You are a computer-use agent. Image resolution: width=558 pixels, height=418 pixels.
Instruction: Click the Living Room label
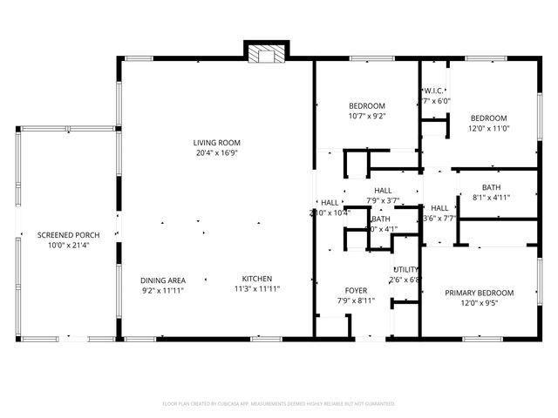click(x=216, y=143)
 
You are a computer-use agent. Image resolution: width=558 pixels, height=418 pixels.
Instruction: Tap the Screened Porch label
click(x=68, y=235)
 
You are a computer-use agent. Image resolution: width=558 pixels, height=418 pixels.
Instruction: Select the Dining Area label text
click(x=163, y=280)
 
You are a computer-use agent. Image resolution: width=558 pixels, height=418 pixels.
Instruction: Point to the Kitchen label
click(x=259, y=280)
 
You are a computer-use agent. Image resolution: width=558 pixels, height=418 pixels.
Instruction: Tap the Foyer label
click(x=355, y=291)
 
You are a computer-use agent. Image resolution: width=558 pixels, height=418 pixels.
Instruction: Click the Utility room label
click(x=406, y=270)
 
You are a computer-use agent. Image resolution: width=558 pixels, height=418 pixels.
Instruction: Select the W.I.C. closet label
click(x=435, y=91)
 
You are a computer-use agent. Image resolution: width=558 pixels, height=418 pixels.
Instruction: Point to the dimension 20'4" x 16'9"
click(x=216, y=152)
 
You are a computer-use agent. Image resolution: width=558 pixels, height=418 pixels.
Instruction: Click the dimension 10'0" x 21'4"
click(x=68, y=245)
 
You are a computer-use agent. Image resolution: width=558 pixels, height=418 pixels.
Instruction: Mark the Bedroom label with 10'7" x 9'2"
click(x=366, y=105)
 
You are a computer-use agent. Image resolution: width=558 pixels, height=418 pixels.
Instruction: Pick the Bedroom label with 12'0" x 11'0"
click(x=488, y=118)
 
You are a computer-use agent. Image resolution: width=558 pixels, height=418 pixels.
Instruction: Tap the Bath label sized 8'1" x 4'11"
click(x=491, y=187)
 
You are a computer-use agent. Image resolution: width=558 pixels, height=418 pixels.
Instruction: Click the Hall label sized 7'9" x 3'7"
click(x=383, y=191)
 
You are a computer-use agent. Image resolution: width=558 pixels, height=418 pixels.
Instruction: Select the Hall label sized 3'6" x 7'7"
click(x=439, y=208)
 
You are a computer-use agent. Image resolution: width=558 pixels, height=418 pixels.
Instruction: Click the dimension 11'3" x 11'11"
click(x=259, y=289)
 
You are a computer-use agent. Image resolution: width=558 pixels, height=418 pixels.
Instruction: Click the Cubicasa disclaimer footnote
click(x=279, y=404)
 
